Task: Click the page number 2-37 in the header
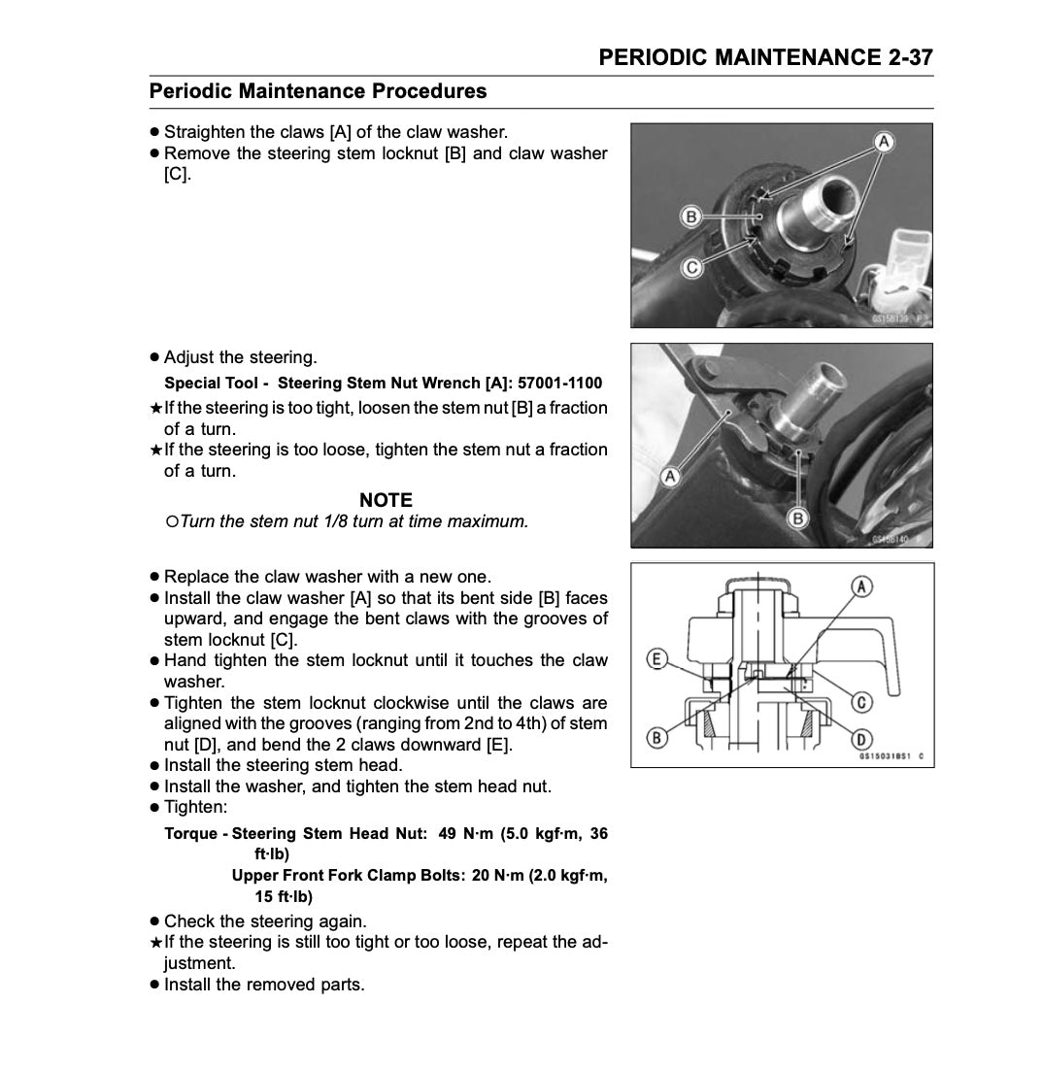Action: [910, 57]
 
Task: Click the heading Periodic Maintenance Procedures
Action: [318, 91]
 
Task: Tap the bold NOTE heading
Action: [386, 500]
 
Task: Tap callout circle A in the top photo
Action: [884, 142]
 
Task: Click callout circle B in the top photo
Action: [691, 217]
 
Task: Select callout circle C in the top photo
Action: [691, 267]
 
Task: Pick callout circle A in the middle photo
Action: [669, 477]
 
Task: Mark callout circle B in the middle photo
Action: [798, 518]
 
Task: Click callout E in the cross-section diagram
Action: [656, 660]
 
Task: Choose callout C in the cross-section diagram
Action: [860, 701]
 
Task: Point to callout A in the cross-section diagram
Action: [861, 585]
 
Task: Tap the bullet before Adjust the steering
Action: [154, 357]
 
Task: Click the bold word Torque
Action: [191, 833]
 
